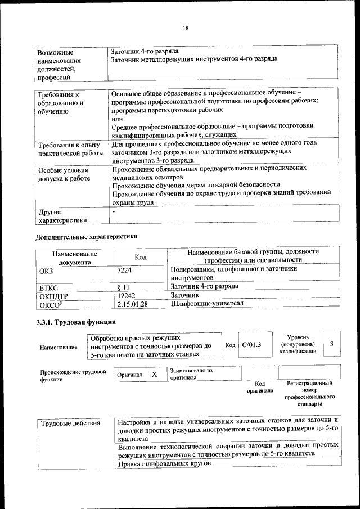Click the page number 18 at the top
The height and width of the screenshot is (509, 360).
[185, 29]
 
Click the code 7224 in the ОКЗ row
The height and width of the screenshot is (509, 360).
[124, 270]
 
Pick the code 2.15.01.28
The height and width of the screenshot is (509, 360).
[132, 304]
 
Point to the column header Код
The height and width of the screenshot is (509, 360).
[141, 257]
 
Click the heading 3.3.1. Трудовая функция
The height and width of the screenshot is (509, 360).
[76, 322]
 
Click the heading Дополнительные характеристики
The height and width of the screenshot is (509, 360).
[86, 236]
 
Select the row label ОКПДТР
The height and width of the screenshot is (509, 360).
[53, 295]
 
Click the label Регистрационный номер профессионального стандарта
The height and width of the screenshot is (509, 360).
[309, 393]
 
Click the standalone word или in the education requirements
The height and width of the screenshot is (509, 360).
[117, 119]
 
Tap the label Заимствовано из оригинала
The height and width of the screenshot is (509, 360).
[191, 375]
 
